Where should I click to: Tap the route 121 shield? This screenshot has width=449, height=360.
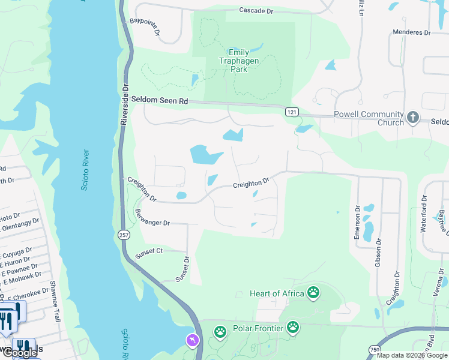292,112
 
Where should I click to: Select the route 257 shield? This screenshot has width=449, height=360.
124,235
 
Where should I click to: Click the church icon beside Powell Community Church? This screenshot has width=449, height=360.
412,118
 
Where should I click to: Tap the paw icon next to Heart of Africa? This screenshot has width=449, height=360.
313,293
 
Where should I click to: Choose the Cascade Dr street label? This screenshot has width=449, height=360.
256,10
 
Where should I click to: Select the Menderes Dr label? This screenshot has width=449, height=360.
412,32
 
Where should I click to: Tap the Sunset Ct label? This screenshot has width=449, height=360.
149,250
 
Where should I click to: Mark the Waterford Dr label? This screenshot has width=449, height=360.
424,212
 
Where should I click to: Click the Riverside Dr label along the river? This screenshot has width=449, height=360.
125,104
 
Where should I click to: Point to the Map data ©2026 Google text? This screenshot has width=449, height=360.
412,355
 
